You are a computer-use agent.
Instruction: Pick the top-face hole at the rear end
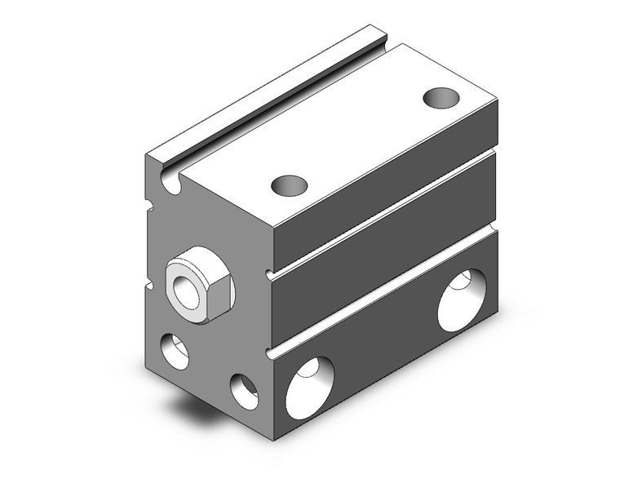pyautogui.click(x=441, y=98)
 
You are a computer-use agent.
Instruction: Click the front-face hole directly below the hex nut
pyautogui.click(x=175, y=349)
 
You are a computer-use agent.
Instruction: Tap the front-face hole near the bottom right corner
pyautogui.click(x=244, y=390)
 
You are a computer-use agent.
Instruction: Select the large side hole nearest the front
pyautogui.click(x=309, y=388)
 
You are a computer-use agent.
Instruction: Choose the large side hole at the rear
pyautogui.click(x=462, y=299)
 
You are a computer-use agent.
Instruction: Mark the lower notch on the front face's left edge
pyautogui.click(x=149, y=285)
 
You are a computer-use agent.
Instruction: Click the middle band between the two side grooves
pyautogui.click(x=383, y=249)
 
